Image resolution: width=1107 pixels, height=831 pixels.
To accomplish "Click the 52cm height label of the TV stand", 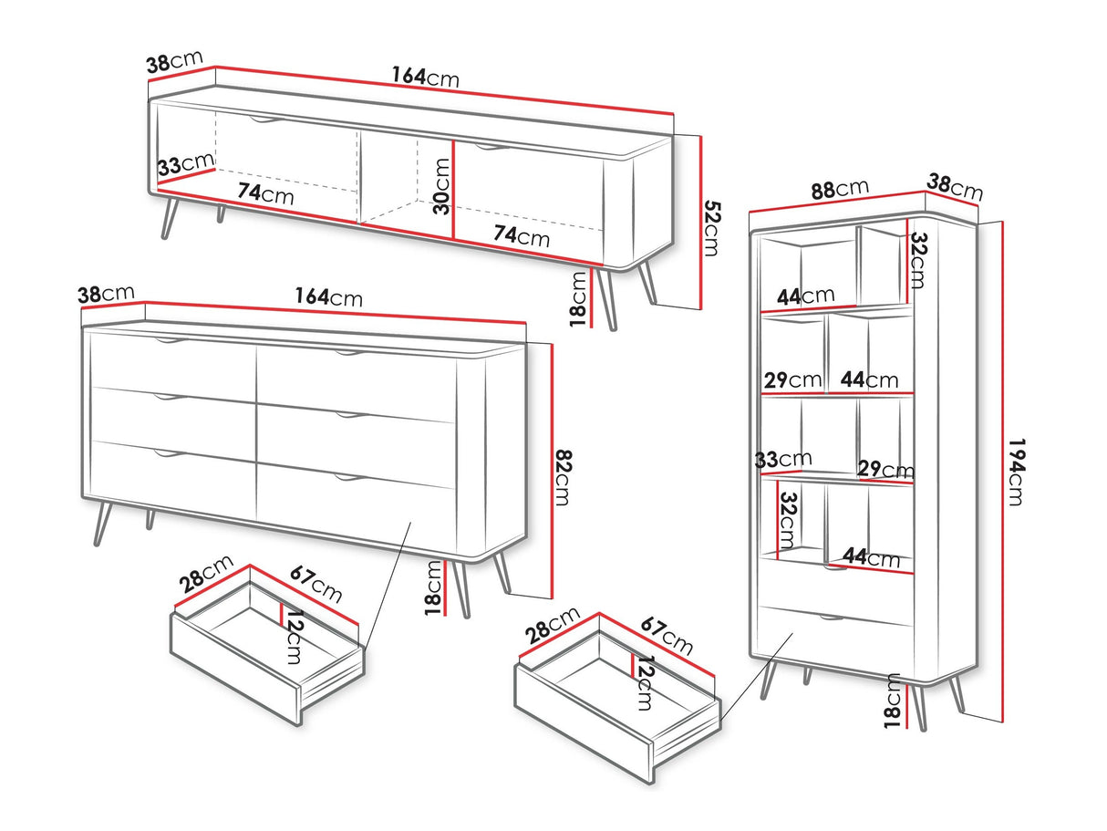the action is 712,229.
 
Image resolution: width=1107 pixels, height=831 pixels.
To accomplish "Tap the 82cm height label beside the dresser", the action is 562,477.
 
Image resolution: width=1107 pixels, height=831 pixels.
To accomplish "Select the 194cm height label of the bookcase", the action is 1016,472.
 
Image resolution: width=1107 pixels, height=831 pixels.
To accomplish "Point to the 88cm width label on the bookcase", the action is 840,189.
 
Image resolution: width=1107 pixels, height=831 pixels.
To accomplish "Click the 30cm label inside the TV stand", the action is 441,186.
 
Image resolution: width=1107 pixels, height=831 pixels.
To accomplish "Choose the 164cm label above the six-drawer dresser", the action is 328,296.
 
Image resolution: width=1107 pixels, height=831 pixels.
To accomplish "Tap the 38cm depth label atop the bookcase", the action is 954,187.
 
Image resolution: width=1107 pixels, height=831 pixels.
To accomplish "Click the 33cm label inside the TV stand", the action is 186,163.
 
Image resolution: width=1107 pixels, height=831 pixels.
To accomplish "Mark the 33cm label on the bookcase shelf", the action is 783,459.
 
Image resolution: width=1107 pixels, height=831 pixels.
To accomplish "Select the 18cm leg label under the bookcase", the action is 892,701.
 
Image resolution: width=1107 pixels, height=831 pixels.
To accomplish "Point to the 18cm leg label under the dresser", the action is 433,587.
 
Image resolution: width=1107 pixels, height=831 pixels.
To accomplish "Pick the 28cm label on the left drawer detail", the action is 206,574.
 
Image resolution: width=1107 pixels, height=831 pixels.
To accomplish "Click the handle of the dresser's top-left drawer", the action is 171,341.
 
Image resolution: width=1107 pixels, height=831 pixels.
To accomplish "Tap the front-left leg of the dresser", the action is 102,524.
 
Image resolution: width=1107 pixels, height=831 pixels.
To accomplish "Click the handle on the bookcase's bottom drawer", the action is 831,618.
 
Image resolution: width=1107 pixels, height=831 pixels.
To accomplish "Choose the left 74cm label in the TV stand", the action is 265,194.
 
